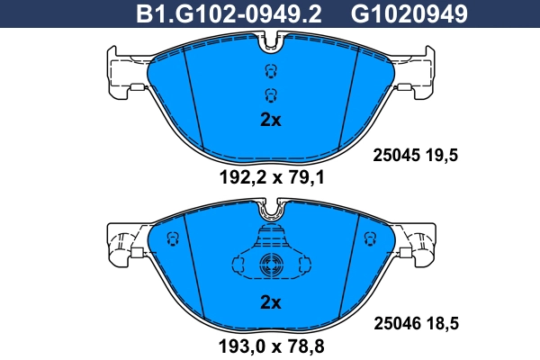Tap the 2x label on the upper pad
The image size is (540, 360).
click(x=270, y=120)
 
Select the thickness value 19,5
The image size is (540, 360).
click(x=444, y=155)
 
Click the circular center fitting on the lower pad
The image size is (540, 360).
click(x=270, y=265)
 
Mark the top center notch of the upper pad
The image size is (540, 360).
click(x=270, y=41)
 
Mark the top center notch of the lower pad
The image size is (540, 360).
click(x=270, y=209)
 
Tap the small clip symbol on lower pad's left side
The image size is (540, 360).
click(x=174, y=238)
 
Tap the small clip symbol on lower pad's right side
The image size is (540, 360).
click(x=366, y=238)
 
